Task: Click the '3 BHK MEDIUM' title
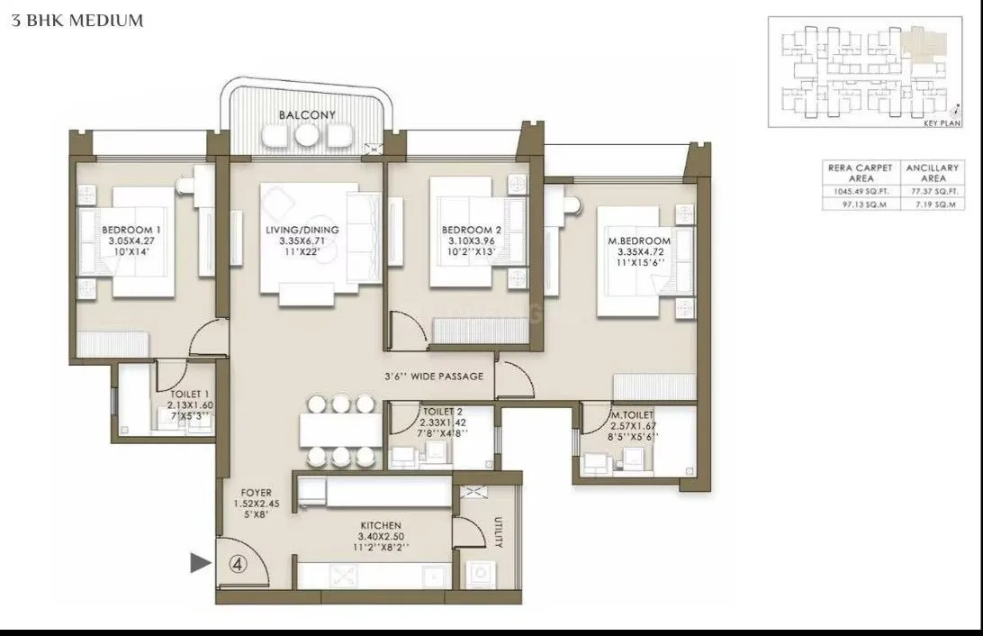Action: (x=77, y=21)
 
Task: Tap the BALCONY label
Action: (x=307, y=115)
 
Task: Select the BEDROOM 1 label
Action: (x=125, y=230)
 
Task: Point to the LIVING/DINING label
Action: (x=302, y=230)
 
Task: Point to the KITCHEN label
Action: (x=378, y=525)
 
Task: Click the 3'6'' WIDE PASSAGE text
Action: (x=435, y=377)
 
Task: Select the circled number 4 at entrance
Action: (x=237, y=564)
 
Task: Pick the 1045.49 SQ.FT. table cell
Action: (x=860, y=191)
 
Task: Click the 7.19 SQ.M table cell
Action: (x=933, y=205)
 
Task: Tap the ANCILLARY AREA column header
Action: (x=933, y=173)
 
